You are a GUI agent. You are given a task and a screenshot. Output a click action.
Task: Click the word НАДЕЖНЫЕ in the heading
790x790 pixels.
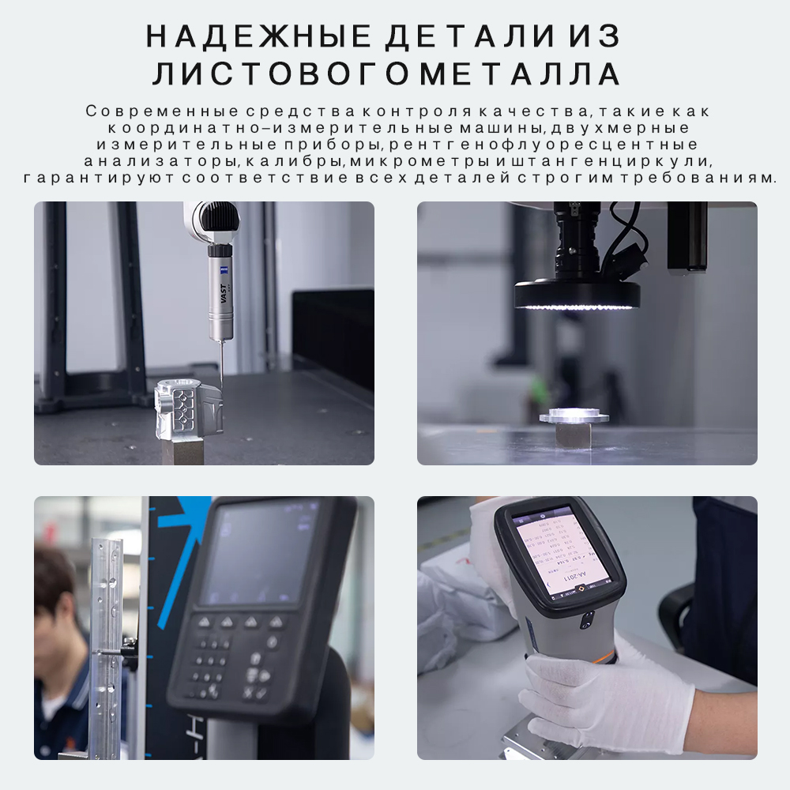coord(259,37)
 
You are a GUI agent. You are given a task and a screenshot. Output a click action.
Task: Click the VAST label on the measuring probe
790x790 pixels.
coord(223,299)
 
